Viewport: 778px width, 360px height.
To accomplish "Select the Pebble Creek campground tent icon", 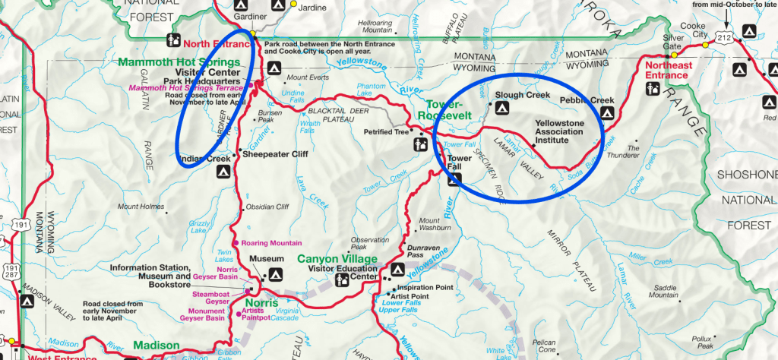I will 606,113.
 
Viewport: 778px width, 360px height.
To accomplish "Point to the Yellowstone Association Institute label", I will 558,131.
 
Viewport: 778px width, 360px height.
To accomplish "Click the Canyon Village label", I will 337,258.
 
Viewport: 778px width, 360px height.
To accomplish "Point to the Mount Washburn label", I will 435,226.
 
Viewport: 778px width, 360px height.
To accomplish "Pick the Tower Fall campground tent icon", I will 454,180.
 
